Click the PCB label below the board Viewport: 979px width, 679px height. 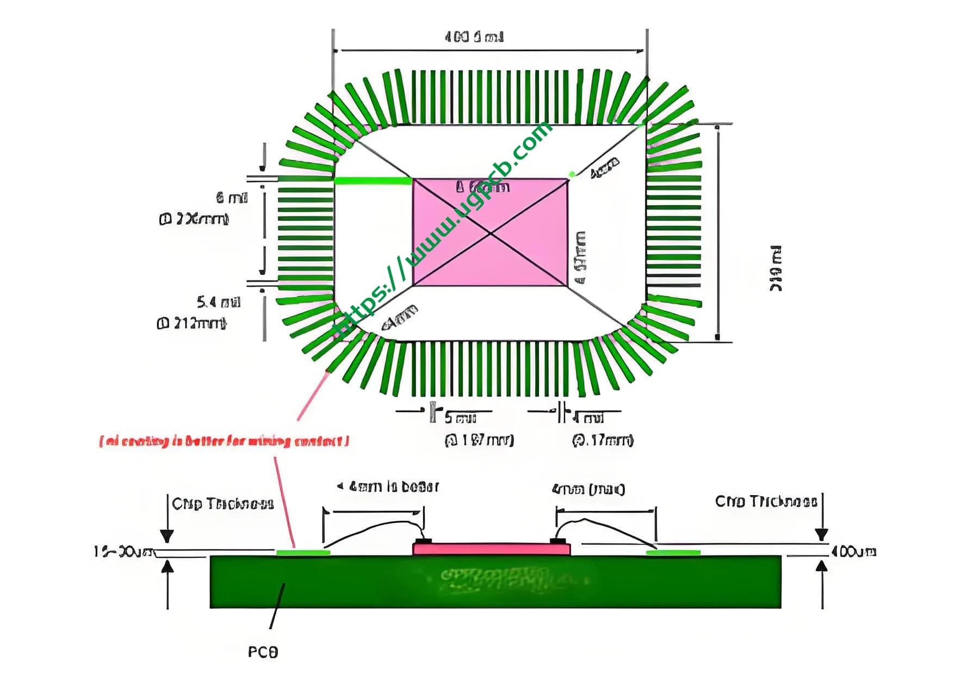[263, 652]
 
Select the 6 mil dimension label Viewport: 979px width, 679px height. [231, 197]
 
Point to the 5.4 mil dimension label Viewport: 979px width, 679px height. [218, 302]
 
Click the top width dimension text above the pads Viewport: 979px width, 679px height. [474, 37]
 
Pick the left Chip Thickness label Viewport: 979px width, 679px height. [222, 504]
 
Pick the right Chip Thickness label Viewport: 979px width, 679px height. [766, 501]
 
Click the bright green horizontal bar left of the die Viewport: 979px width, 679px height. [373, 181]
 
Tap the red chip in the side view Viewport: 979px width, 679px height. [491, 548]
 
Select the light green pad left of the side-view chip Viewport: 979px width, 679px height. [303, 553]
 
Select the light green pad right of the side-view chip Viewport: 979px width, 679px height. [673, 553]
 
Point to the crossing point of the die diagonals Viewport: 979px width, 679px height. [491, 233]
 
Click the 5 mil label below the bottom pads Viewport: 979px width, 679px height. [460, 418]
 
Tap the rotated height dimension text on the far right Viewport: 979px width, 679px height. [776, 268]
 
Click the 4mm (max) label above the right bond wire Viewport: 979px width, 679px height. [588, 489]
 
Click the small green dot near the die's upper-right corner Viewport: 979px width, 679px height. [572, 174]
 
